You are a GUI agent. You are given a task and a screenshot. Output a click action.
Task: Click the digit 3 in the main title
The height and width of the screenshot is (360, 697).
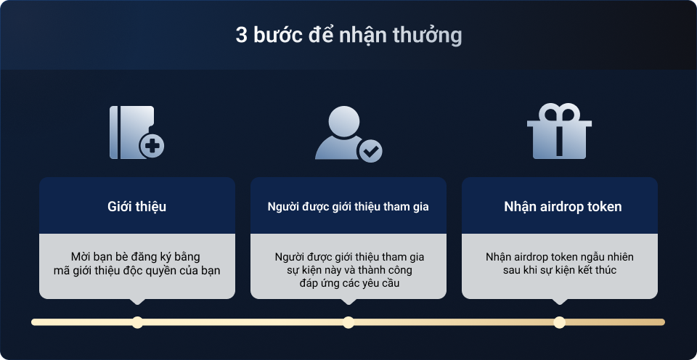241,36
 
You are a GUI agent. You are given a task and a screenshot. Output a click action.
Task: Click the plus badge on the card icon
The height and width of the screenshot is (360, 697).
152,146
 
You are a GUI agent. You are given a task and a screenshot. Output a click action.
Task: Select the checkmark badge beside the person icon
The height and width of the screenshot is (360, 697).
370,151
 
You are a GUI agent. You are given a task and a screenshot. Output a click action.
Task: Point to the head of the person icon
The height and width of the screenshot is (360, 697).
343,120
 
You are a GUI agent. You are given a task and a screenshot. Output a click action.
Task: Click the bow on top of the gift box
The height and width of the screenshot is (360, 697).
559,112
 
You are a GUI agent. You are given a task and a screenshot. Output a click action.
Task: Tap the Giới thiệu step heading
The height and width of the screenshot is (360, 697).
137,207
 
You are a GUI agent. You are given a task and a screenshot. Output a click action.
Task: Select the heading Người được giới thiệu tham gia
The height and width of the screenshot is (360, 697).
348,207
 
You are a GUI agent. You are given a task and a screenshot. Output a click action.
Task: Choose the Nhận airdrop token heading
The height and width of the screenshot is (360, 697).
563,207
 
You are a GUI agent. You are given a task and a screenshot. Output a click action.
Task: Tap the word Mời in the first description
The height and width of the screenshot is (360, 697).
80,257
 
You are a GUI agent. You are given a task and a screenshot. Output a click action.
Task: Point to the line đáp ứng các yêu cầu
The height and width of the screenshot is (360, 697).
349,283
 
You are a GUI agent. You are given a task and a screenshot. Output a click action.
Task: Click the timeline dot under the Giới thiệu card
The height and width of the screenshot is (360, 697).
137,322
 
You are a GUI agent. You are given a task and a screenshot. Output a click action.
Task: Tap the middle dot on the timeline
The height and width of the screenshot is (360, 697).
348,322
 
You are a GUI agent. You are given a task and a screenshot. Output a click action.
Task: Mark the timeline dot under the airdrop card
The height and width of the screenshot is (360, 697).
559,322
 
